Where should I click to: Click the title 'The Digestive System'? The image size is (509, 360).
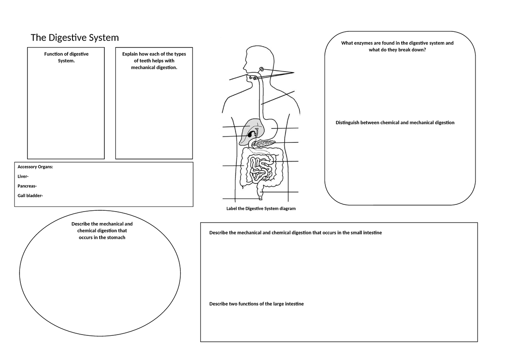pos(75,38)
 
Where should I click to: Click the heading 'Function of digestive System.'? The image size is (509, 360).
pos(66,57)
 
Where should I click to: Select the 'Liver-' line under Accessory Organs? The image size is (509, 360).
pos(23,176)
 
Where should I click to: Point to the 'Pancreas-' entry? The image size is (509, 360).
pos(27,186)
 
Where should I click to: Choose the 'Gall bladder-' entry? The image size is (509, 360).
pos(30,195)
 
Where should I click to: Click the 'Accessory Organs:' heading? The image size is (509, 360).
pos(35,167)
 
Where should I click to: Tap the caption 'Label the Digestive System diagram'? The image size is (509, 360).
pos(261,209)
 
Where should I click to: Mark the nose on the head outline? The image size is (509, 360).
pos(244,67)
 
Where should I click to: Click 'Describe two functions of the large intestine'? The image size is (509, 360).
pos(256,304)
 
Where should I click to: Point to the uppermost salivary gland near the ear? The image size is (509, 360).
pos(262,69)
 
